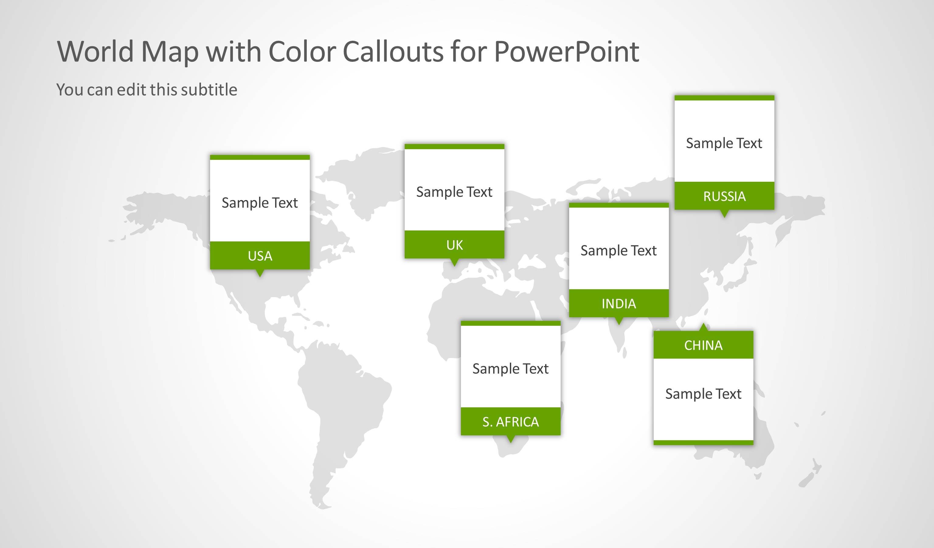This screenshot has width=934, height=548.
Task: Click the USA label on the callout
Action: point(260,256)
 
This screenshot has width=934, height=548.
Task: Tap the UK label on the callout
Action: point(455,245)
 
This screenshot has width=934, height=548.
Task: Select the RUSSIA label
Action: point(724,196)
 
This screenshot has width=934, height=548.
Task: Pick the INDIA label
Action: point(619,304)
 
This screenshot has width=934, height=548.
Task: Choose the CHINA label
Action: point(703,346)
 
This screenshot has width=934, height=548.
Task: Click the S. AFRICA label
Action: point(510,422)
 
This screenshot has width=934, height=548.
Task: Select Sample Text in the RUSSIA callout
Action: point(724,143)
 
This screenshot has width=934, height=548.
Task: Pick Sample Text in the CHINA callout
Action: point(703,394)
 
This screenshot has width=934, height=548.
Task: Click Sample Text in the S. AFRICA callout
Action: point(510,369)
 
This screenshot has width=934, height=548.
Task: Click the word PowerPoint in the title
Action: point(566,51)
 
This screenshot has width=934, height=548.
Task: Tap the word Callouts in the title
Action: point(393,51)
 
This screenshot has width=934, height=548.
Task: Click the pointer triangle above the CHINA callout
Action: point(703,327)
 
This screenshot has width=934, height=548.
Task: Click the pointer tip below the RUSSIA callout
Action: point(724,214)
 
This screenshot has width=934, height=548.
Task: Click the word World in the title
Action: point(95,51)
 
